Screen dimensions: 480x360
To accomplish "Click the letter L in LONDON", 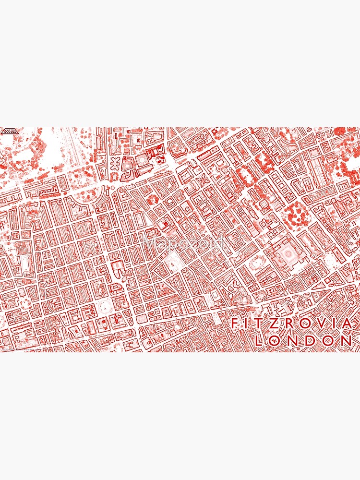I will [260, 341].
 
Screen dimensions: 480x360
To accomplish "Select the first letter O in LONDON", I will [277, 341].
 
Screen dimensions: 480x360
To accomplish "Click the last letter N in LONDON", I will [346, 341].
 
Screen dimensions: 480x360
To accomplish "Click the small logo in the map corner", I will [9, 131].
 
